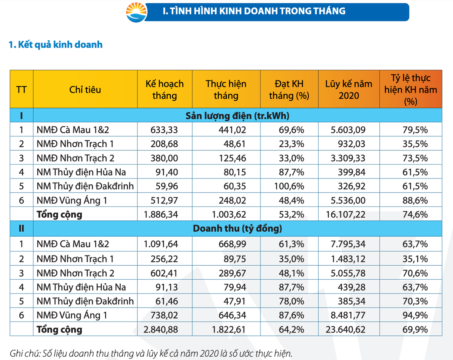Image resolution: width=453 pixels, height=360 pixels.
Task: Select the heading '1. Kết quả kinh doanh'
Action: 55,45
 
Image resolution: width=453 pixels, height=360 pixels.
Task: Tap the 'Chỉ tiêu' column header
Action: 85,89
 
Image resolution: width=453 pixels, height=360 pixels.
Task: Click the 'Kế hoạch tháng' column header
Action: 165,89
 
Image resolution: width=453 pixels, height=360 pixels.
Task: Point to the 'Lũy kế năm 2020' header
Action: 348,89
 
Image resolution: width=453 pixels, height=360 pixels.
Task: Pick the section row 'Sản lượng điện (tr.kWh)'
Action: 237,116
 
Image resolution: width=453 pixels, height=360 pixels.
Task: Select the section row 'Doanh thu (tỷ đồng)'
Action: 237,229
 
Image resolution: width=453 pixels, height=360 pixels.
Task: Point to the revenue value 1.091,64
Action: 161,244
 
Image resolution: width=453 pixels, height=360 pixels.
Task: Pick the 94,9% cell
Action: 415,315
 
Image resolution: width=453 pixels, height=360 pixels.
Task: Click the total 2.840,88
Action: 161,329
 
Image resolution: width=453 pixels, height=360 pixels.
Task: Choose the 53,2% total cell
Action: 291,215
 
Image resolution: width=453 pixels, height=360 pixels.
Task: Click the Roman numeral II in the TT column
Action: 21,229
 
